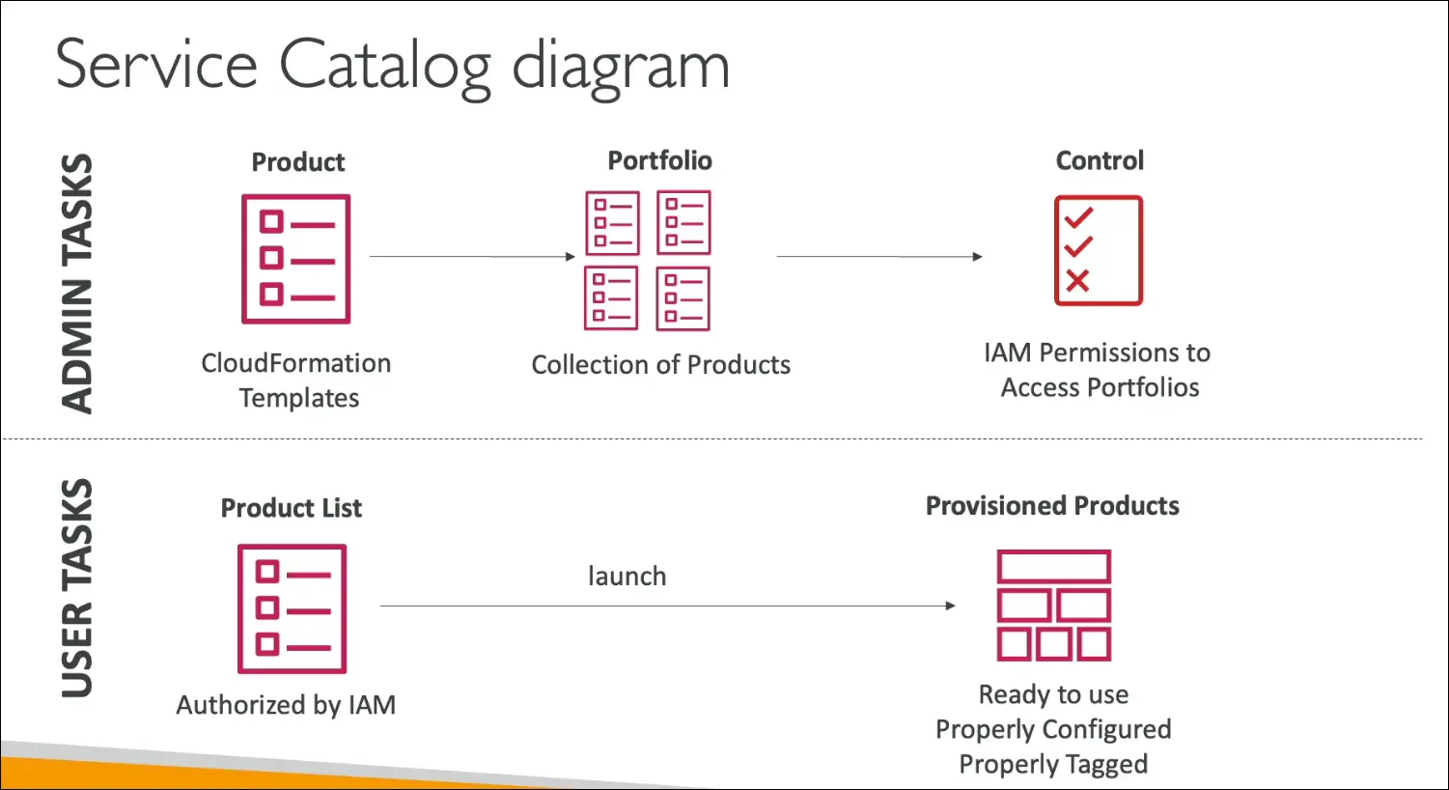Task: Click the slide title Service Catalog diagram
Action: pos(392,66)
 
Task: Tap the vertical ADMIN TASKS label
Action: pos(77,283)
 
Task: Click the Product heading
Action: pos(297,162)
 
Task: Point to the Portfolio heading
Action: pos(659,160)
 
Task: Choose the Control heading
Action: pos(1100,160)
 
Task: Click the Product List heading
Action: pos(291,508)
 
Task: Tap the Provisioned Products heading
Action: pos(1052,506)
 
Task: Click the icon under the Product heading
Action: pos(295,259)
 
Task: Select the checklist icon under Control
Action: pos(1099,250)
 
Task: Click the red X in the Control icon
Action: pos(1077,280)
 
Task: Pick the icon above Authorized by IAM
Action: pos(292,608)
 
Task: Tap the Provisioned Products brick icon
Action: pos(1053,606)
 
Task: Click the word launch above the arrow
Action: pos(627,577)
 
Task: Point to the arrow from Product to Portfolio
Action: pos(472,257)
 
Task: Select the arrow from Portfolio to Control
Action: pos(878,257)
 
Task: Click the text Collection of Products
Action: pos(660,365)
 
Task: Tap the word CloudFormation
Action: pos(295,363)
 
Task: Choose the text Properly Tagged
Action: pos(1053,764)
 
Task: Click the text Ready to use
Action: pos(1053,694)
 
